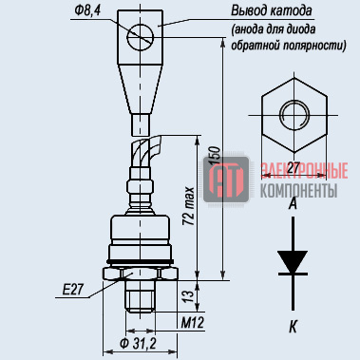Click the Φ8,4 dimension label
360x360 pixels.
[87, 10]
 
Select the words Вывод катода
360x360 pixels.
[272, 10]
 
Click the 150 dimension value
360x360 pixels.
[215, 156]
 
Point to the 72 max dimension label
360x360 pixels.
[188, 206]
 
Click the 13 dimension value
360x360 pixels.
[188, 295]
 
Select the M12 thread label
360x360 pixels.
[193, 323]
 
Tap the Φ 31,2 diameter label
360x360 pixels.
[138, 343]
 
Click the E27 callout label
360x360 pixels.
[73, 290]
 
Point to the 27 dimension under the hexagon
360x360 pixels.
[294, 168]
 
